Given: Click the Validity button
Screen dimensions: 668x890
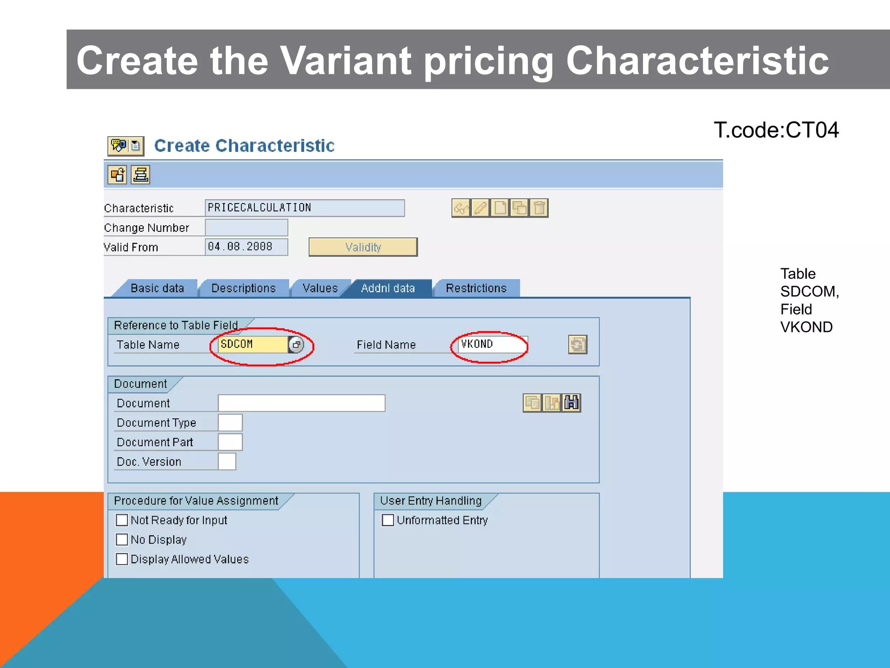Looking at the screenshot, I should [x=363, y=247].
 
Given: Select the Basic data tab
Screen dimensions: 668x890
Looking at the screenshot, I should [x=157, y=288].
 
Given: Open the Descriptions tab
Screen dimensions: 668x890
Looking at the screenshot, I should [x=243, y=288].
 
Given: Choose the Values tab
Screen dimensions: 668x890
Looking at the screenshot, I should [x=320, y=288].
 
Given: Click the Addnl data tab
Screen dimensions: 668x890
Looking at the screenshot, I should [x=388, y=288].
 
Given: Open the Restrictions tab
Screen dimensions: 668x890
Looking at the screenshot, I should [x=476, y=288].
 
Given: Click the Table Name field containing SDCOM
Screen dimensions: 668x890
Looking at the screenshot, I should [x=252, y=344].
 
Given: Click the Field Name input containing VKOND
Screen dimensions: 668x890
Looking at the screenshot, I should [x=493, y=344].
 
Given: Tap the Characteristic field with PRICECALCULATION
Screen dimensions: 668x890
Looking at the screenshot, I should [x=304, y=208].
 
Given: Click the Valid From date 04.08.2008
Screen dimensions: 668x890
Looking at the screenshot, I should [x=246, y=247].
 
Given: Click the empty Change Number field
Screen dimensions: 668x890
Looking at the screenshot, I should [x=246, y=227].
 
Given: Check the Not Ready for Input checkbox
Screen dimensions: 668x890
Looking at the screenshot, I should [x=122, y=520].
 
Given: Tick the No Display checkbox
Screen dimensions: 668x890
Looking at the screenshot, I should [x=122, y=540].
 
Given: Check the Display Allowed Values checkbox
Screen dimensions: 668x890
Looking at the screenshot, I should [x=122, y=559].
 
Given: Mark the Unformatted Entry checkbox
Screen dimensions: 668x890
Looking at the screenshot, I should [x=388, y=520].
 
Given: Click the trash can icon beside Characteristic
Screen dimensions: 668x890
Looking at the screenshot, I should [x=539, y=208].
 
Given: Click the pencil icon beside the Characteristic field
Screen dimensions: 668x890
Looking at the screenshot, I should [x=480, y=208].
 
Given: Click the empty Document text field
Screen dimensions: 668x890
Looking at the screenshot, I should [x=301, y=403].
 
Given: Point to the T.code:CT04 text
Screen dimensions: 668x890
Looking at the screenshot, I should [x=776, y=130].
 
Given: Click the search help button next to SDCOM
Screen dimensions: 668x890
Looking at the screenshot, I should [x=296, y=345].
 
